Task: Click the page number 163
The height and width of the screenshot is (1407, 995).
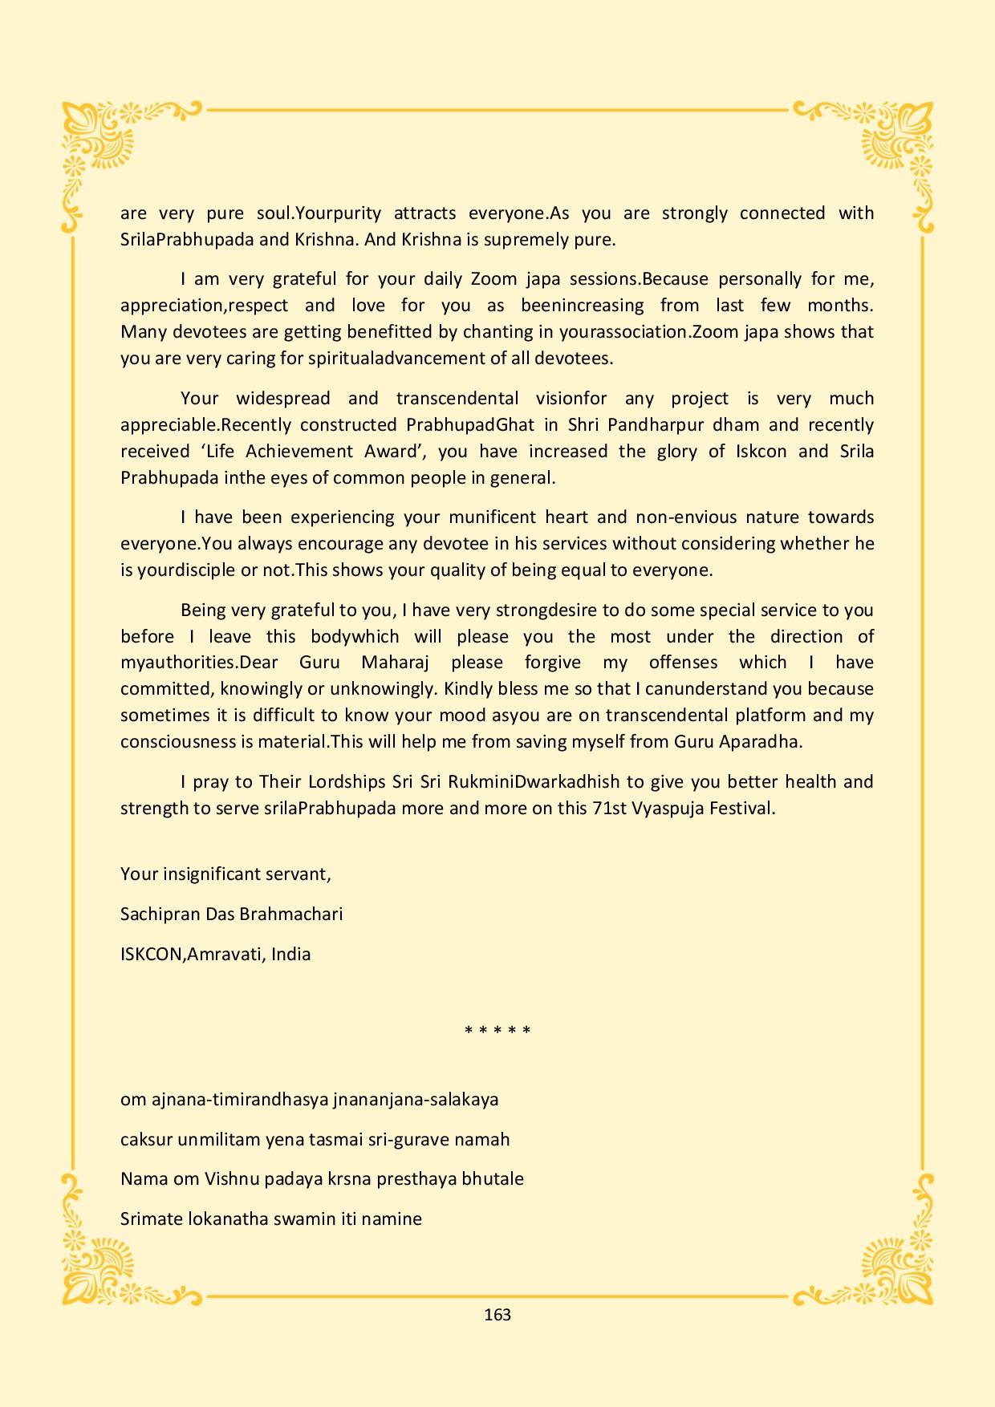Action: [x=497, y=1315]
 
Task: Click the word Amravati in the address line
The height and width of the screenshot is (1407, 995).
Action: [x=225, y=954]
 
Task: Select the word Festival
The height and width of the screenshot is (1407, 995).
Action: [x=742, y=808]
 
